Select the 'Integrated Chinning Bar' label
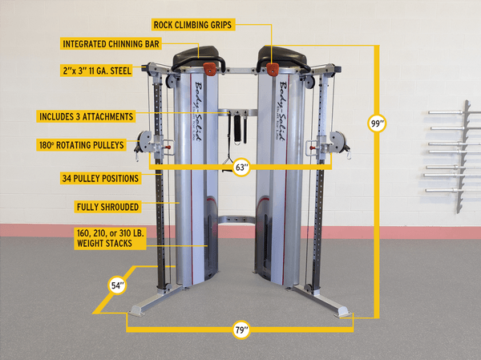[x=107, y=43]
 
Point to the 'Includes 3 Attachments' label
[x=85, y=116]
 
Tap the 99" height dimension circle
[x=377, y=123]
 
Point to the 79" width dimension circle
[x=241, y=330]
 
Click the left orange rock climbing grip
[x=211, y=67]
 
